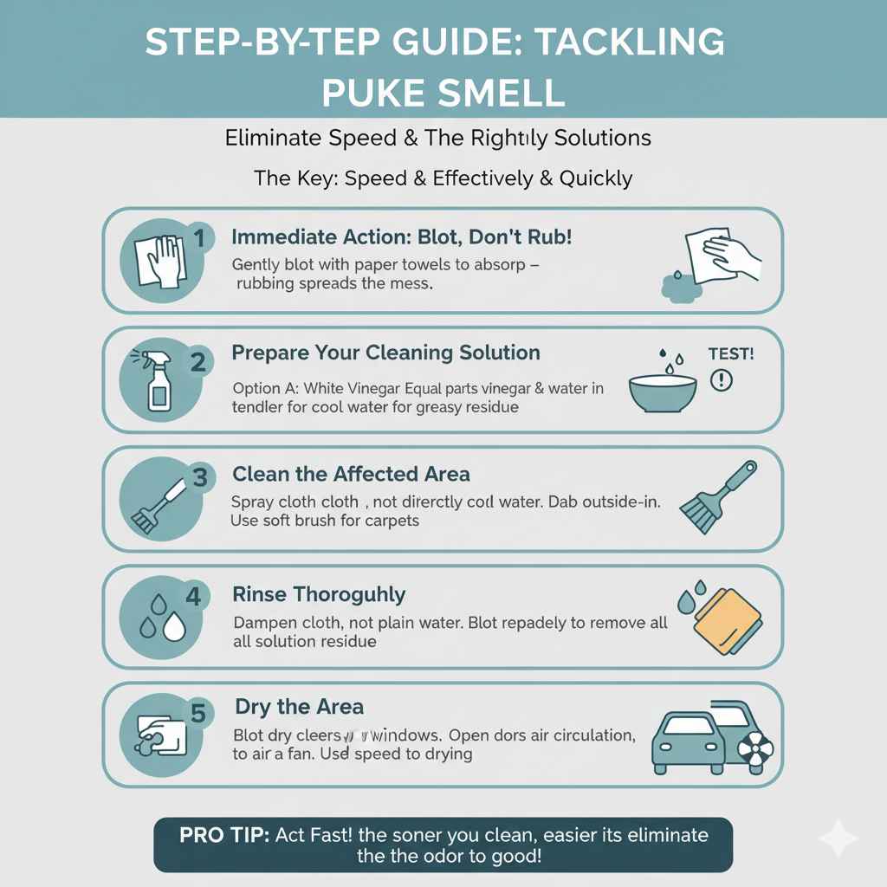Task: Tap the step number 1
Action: click(x=198, y=237)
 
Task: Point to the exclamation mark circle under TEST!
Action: click(x=721, y=379)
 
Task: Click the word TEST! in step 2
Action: click(x=731, y=353)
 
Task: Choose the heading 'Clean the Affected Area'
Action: click(x=351, y=474)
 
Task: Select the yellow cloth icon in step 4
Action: click(x=728, y=620)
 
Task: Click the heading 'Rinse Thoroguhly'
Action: click(x=319, y=594)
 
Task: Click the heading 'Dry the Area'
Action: click(x=299, y=707)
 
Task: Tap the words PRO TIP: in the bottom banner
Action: click(x=224, y=835)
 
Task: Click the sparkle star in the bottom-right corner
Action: click(x=838, y=838)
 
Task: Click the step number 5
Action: click(x=198, y=713)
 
